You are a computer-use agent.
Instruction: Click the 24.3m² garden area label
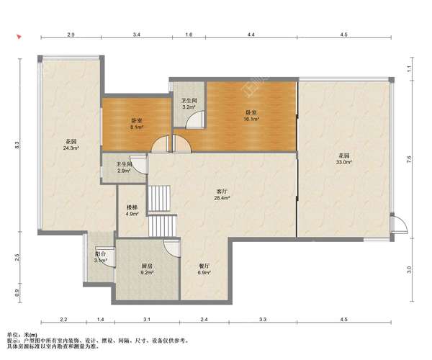click(71, 145)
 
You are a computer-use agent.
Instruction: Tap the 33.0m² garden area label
click(344, 159)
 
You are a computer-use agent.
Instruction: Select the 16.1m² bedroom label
click(251, 116)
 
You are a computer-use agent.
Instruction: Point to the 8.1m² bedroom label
click(137, 124)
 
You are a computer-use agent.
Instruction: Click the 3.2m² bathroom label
click(189, 104)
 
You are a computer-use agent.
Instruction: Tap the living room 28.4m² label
click(222, 194)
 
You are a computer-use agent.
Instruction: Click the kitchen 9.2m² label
click(147, 269)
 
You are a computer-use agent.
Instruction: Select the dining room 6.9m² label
click(204, 269)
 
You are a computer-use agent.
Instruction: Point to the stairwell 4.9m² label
click(132, 210)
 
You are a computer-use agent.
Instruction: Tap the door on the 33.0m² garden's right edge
click(399, 225)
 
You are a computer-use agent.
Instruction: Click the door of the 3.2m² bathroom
click(195, 120)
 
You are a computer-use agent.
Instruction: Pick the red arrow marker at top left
click(19, 37)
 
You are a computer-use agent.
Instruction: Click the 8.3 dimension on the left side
click(17, 145)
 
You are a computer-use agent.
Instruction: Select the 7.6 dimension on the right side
click(409, 159)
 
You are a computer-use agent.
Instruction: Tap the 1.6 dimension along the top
click(189, 35)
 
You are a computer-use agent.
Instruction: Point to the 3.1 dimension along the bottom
click(147, 320)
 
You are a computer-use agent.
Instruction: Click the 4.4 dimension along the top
click(251, 35)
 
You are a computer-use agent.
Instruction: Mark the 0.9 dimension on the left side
click(17, 293)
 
